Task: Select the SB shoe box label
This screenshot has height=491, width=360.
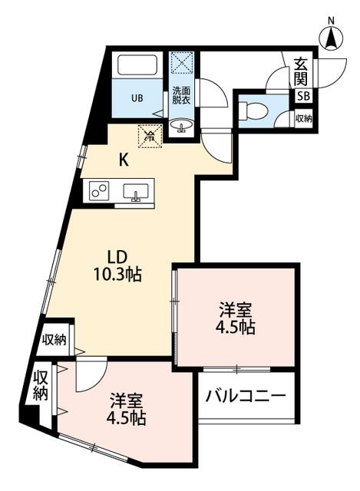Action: click(x=303, y=96)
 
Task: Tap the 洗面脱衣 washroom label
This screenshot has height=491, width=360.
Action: click(x=182, y=94)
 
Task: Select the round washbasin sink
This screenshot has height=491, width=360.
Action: click(x=183, y=125)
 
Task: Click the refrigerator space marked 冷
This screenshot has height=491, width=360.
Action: click(x=150, y=137)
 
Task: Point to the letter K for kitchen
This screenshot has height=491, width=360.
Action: click(x=123, y=160)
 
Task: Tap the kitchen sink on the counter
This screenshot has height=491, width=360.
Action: click(x=137, y=192)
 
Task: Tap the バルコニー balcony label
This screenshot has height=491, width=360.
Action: click(x=246, y=397)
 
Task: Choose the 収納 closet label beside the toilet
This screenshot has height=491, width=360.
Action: click(x=303, y=118)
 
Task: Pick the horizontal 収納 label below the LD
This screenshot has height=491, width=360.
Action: click(x=54, y=340)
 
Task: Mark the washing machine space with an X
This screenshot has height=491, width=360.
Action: click(x=183, y=62)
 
